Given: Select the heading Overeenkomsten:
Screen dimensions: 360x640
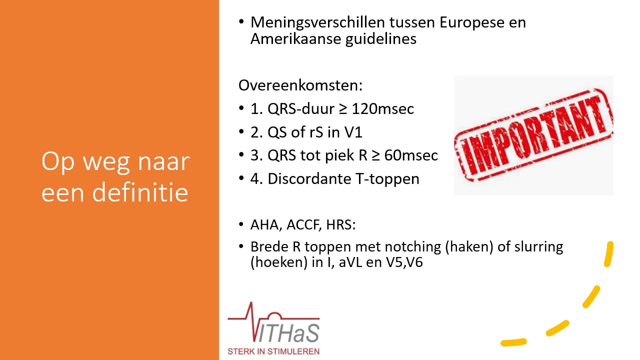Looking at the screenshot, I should click(x=300, y=85).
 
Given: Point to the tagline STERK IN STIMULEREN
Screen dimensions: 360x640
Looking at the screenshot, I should click(x=273, y=351).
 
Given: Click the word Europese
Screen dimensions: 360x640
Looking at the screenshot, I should click(x=472, y=23).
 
